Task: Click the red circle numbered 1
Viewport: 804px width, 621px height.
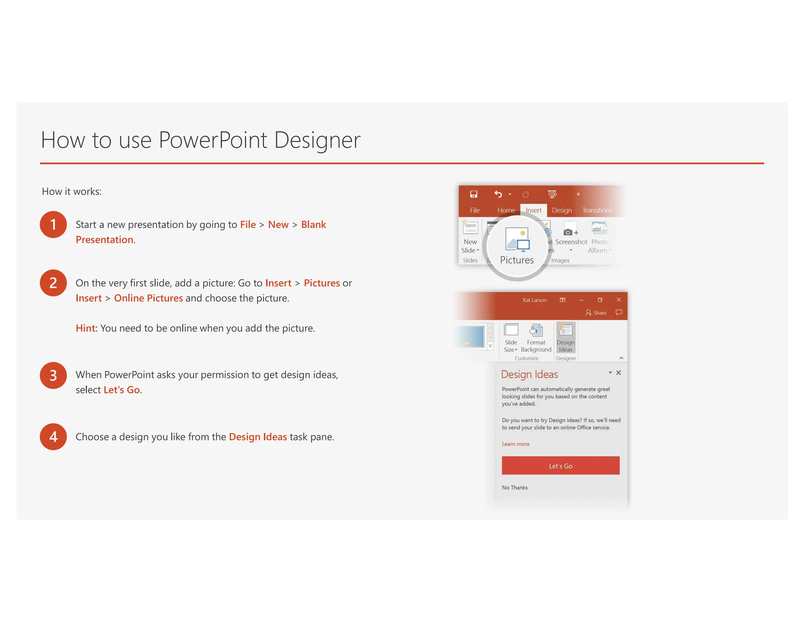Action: coord(53,225)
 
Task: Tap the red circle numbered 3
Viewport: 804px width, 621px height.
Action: coord(53,375)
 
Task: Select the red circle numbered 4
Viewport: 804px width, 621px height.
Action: coord(53,437)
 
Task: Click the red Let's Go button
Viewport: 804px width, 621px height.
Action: coord(560,466)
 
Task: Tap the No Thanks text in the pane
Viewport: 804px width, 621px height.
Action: coord(515,488)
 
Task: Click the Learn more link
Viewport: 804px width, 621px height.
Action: coord(515,444)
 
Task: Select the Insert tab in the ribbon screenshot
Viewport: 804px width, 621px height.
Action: coord(533,210)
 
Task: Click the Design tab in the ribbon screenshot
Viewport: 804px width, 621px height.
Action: coord(561,210)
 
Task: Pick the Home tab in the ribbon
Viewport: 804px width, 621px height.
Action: coord(506,210)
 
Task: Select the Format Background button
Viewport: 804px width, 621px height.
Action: coord(536,338)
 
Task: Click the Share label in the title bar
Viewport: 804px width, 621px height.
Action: coord(599,313)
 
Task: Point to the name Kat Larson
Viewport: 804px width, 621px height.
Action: coord(534,300)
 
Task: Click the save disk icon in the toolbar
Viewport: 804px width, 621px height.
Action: coord(473,194)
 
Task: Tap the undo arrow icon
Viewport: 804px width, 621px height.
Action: coord(498,194)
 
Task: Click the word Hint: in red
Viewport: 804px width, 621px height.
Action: coord(86,328)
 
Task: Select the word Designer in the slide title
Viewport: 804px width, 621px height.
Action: coord(317,140)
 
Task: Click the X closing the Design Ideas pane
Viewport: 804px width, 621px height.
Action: coord(619,373)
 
